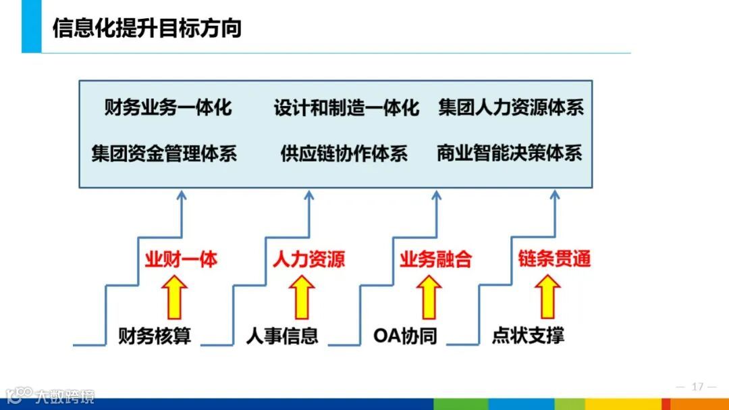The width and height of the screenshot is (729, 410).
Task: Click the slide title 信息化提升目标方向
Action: pos(146,29)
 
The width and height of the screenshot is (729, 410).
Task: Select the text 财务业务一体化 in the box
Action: pos(168,107)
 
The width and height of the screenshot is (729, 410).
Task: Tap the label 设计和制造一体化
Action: pos(346,107)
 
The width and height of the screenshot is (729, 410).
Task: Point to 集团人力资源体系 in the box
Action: pos(511,107)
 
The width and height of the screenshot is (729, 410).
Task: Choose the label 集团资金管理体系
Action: pos(165,153)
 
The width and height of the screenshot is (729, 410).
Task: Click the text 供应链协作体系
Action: pos(344,153)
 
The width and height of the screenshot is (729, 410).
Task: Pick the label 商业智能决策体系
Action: pos(509,153)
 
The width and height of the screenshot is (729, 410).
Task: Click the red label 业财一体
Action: pos(181,259)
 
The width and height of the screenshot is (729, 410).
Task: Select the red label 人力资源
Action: pos(308,259)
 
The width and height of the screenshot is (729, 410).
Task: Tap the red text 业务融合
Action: pos(435,259)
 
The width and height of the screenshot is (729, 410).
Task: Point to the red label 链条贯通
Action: pos(554,259)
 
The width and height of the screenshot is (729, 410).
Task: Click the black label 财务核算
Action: pos(155,336)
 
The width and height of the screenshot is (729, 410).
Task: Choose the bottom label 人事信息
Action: pos(281,336)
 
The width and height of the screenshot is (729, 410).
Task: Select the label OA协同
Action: pos(405,336)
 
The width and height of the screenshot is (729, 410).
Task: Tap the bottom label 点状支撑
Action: pos(528,336)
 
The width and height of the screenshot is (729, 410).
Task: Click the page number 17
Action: pos(697,387)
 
